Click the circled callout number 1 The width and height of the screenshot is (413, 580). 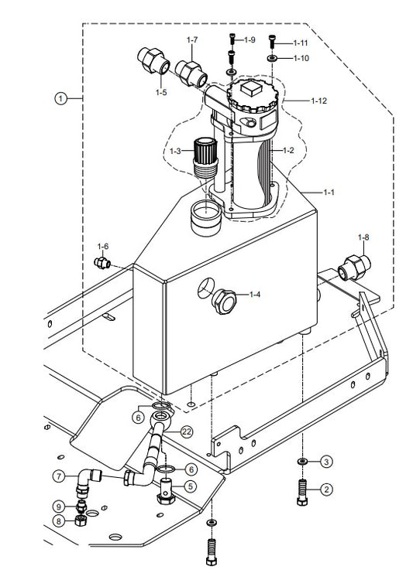60,98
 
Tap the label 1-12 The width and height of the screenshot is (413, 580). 318,101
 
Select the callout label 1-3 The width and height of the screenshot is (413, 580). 175,151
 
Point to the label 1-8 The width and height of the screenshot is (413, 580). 363,237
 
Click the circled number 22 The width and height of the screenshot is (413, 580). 187,432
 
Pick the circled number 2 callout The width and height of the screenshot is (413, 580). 326,490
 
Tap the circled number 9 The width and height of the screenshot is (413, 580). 59,507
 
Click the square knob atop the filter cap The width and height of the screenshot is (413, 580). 250,88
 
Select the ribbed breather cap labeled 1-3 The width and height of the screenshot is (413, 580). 205,157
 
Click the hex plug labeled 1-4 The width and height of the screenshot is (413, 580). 224,302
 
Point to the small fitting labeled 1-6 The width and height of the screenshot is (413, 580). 102,263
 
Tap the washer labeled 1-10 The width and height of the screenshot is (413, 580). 273,58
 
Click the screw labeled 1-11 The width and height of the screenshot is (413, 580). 273,40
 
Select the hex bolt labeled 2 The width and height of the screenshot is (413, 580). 302,492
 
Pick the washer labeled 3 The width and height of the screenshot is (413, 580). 302,461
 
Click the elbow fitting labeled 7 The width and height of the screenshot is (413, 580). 88,481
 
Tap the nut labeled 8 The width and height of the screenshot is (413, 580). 80,520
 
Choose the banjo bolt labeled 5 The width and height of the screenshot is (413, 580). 166,490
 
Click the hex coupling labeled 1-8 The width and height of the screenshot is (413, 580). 354,268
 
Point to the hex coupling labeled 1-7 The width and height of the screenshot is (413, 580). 191,73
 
